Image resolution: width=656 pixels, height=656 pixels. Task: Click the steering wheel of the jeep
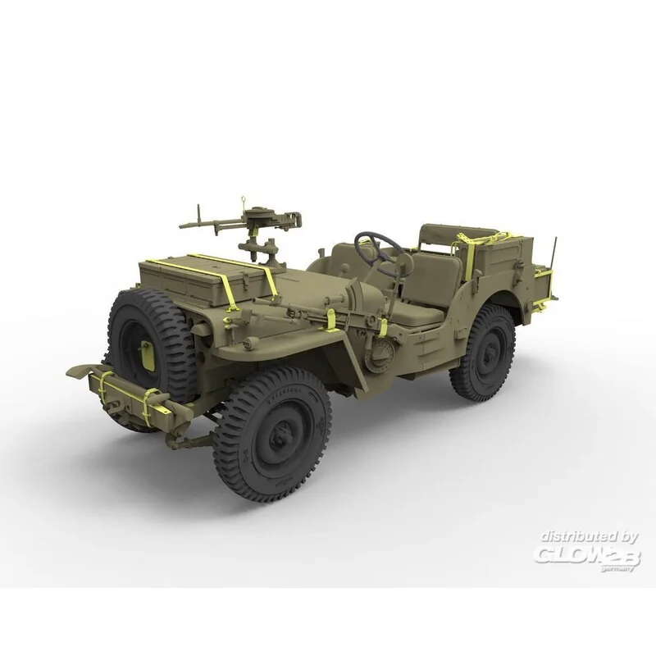pyautogui.click(x=378, y=245)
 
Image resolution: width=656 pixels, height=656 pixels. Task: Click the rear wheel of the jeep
pyautogui.click(x=483, y=352)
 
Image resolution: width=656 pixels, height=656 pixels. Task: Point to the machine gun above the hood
pyautogui.click(x=246, y=219)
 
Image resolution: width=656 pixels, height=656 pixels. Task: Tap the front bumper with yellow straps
pyautogui.click(x=123, y=392)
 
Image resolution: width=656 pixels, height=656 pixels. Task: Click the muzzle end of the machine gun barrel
pyautogui.click(x=184, y=222)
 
